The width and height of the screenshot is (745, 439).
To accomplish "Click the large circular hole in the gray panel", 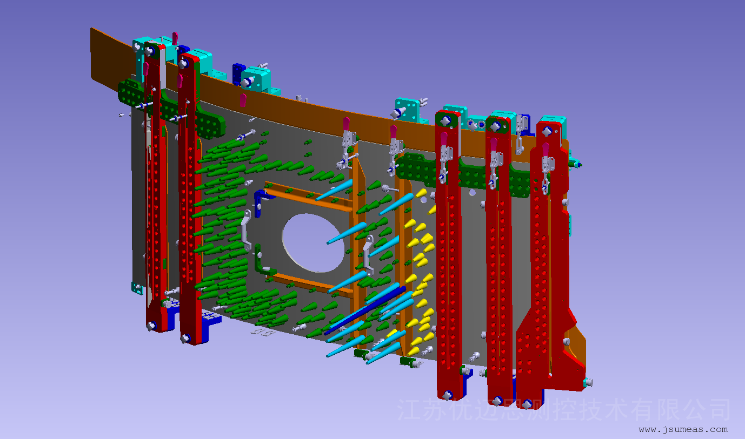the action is pyautogui.click(x=312, y=242).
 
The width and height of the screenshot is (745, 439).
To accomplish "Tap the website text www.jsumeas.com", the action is pyautogui.click(x=683, y=429).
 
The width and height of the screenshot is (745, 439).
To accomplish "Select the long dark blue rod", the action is pyautogui.click(x=365, y=310).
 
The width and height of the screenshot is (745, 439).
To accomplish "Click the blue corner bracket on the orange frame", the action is pyautogui.click(x=262, y=201).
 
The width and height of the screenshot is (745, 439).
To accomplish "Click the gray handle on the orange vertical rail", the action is pyautogui.click(x=367, y=254).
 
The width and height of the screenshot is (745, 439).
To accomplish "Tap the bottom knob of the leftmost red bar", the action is pyautogui.click(x=151, y=326).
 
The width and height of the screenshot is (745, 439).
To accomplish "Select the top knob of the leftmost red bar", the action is pyautogui.click(x=149, y=51).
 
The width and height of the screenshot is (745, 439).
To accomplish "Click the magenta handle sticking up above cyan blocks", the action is pyautogui.click(x=175, y=38).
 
